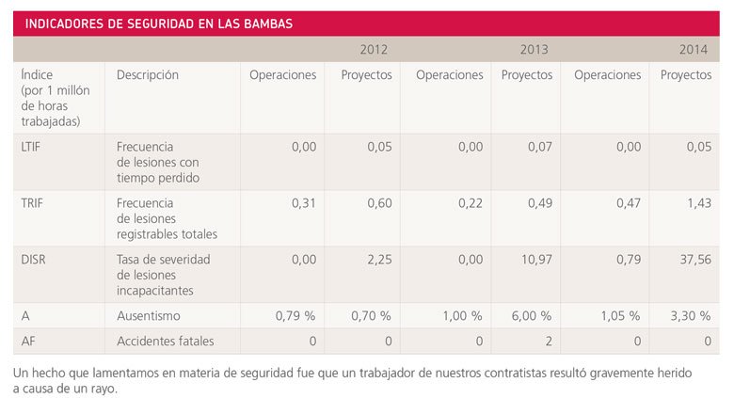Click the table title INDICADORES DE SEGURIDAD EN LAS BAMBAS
(158, 24)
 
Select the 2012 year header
(374, 49)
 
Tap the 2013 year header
(534, 49)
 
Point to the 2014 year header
(694, 49)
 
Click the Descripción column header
(148, 75)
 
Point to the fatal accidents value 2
(547, 341)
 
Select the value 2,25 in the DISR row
(376, 260)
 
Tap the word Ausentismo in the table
(149, 316)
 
